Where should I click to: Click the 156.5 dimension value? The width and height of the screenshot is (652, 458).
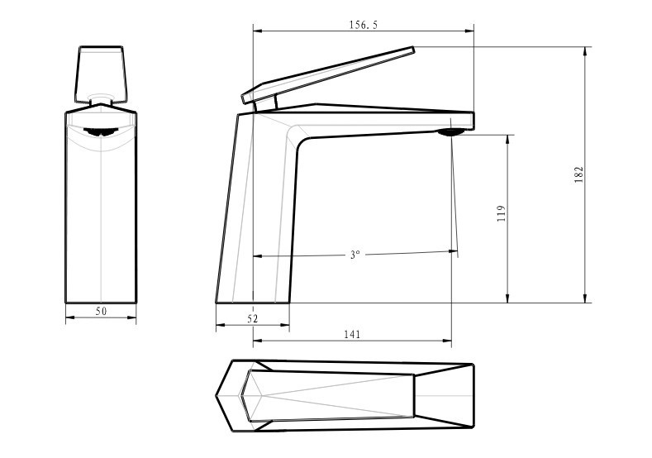point(364,25)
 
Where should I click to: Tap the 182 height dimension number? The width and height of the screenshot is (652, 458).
point(578,174)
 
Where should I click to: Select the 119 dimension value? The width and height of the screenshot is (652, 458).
point(502,213)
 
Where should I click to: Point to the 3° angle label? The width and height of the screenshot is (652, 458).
point(355,254)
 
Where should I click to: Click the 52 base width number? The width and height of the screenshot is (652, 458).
point(252,318)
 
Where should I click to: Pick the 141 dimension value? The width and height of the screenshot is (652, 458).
point(352,334)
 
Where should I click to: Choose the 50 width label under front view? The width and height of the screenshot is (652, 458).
point(101,311)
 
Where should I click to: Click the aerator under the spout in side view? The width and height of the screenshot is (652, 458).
point(450,132)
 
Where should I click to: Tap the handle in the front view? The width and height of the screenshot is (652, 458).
point(100,74)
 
